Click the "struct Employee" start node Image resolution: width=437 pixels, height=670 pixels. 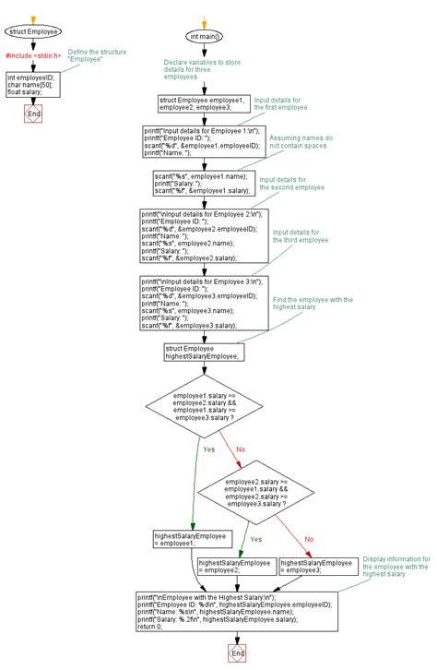click(34, 31)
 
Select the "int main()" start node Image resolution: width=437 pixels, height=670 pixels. click(207, 36)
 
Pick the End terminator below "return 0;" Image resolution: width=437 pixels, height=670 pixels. click(239, 652)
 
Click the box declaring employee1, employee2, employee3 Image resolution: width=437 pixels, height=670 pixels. click(204, 104)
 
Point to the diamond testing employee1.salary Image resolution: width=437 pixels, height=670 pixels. click(206, 405)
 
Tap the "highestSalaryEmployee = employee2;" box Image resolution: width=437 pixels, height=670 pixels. click(234, 566)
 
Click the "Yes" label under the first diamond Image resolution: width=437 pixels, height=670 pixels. click(207, 449)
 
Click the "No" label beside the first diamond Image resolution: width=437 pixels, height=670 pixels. click(242, 449)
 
